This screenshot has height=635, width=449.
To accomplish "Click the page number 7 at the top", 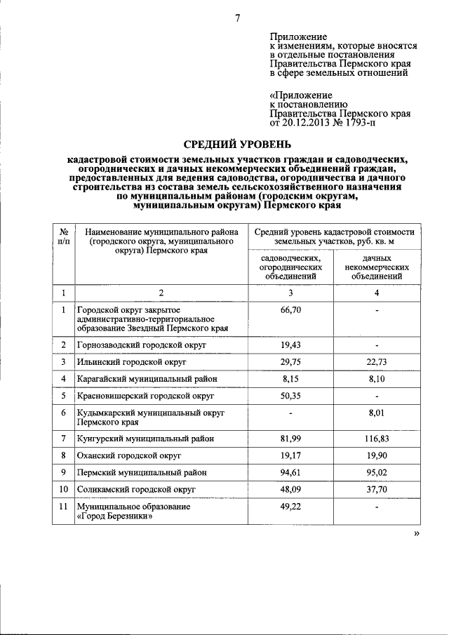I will tap(238, 18).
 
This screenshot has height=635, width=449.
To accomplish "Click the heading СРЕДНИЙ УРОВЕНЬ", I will tap(237, 145).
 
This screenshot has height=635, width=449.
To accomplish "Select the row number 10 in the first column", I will tap(64, 490).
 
